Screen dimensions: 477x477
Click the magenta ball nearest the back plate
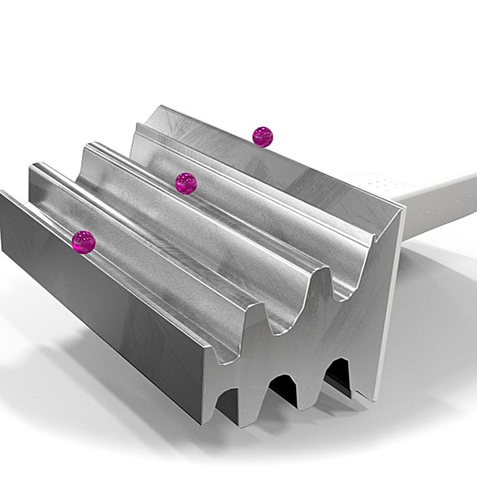tap(263, 137)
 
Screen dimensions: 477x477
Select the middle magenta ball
tap(186, 183)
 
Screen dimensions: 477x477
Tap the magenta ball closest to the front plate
tap(83, 242)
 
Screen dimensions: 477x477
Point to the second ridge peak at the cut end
tap(320, 270)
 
